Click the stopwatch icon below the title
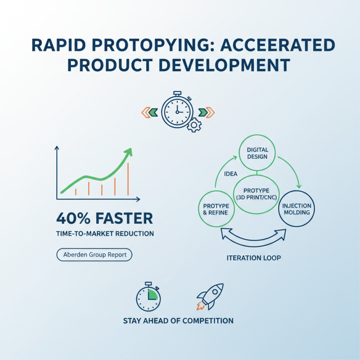[x=176, y=110]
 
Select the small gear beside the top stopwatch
[x=194, y=125]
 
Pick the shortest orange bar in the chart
[x=76, y=192]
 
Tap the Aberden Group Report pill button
[x=94, y=255]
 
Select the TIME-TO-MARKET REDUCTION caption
[x=105, y=234]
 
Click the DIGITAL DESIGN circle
[x=257, y=153]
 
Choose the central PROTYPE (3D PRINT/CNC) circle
[x=257, y=194]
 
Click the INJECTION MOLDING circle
[x=297, y=209]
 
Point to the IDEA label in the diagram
[x=230, y=174]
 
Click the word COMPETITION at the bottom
[x=208, y=321]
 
